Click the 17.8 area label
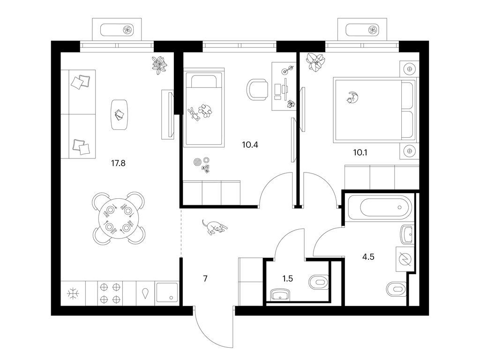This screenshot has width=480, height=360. [118, 163]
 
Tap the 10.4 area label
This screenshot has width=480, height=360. [250, 144]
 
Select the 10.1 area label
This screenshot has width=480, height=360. [360, 152]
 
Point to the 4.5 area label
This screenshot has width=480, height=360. [368, 256]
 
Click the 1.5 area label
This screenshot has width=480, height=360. [288, 278]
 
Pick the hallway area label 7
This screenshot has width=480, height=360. [205, 278]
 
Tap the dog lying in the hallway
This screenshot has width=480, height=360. [214, 227]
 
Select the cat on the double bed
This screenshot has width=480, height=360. [352, 97]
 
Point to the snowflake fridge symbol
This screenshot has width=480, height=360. [73, 293]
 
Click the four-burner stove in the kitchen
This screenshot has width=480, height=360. [110, 293]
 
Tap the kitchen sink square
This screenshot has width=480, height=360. [167, 293]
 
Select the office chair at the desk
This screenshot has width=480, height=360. [256, 90]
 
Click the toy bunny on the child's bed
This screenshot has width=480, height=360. [194, 114]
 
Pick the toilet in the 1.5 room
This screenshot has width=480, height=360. [319, 282]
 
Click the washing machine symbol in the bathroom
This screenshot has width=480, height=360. [405, 259]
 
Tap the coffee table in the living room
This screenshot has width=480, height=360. [119, 115]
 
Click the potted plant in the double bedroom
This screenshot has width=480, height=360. [315, 62]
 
